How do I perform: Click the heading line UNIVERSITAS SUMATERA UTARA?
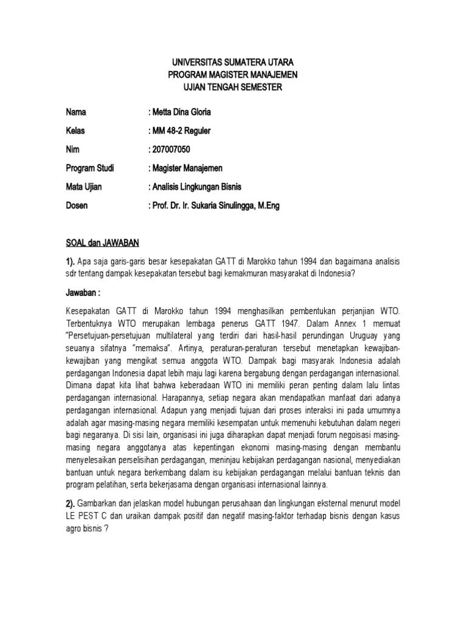pos(233,63)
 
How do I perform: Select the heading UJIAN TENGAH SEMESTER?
pos(233,87)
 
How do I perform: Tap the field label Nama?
pos(76,112)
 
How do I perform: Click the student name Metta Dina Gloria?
pos(181,112)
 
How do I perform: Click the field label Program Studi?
pos(90,168)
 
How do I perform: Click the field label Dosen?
pos(77,206)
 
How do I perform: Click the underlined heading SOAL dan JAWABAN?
pos(102,244)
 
